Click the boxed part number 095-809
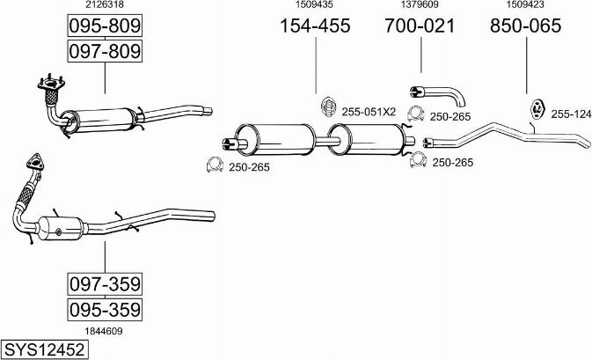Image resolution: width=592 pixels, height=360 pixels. [105, 26]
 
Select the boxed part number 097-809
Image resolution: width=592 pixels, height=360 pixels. [105, 51]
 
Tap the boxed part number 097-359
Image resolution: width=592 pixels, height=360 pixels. [105, 283]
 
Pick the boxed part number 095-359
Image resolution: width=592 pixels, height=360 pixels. [105, 309]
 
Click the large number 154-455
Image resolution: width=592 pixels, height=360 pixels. [315, 26]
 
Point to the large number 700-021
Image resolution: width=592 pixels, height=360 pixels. [420, 26]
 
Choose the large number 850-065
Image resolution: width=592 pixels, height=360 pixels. [525, 26]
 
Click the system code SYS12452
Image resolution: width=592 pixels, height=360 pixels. [45, 349]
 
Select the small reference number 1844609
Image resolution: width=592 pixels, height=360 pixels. [104, 331]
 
